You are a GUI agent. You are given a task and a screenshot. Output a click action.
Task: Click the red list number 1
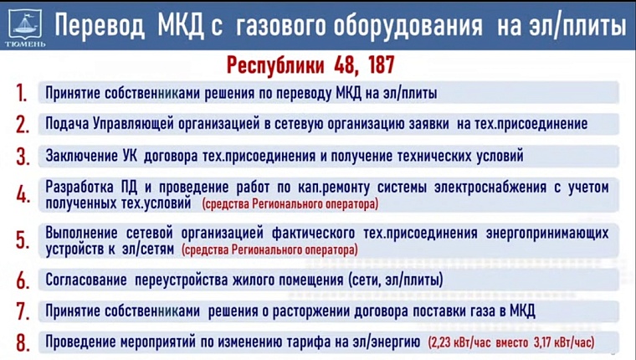[x=23, y=93]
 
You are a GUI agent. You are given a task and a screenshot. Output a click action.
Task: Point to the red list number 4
[x=23, y=195]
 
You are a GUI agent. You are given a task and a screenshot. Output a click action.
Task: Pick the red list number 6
[x=23, y=280]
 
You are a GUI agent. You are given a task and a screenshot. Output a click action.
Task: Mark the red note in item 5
[x=269, y=249]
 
